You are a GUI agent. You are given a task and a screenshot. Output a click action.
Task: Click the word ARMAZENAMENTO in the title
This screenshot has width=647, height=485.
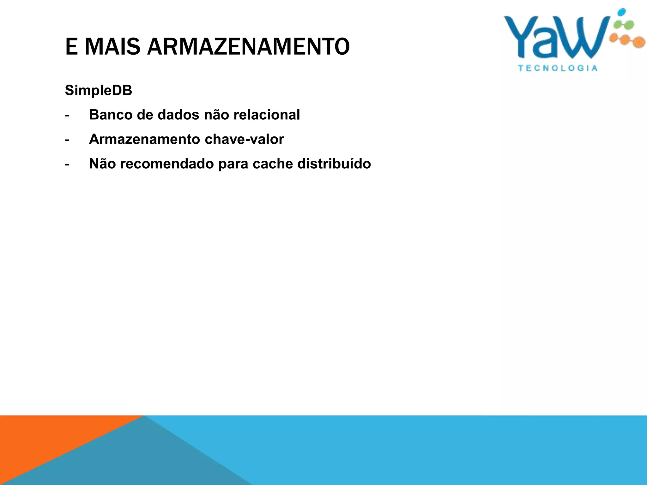coord(248,47)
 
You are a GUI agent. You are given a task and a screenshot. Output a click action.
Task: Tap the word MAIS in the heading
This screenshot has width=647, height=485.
coord(112,47)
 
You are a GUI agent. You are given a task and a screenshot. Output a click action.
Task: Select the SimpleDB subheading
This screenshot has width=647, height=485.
coord(98,91)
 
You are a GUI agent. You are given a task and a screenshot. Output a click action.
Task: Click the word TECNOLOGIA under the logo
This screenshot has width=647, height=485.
coord(558,68)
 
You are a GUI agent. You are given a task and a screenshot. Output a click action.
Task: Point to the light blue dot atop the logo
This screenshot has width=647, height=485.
coord(621,12)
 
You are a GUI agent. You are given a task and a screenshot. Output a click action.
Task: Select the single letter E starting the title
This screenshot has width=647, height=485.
coord(71,47)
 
